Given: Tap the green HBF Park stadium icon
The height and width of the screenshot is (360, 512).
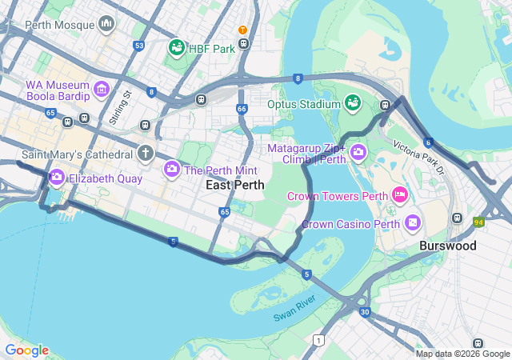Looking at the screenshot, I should coord(176,48).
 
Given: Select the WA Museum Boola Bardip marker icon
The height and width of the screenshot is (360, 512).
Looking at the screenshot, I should coord(102,88).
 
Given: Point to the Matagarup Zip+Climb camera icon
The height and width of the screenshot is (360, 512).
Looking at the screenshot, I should coord(358,151).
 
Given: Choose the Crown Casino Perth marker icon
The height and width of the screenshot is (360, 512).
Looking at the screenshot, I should coord(413,222).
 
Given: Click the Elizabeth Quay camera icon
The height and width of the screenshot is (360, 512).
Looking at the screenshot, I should coord(56,178).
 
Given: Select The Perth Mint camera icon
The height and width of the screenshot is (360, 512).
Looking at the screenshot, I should coord(171,170).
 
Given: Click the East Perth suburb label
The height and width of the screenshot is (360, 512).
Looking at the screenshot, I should coord(235,185).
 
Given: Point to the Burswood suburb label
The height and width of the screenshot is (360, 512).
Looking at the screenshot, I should coord(447,246).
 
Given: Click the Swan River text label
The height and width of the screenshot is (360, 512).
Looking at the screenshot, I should coord(295,307).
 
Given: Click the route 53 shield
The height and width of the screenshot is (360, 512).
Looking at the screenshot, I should coord(139,46).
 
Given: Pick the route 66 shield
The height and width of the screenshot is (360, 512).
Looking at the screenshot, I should coord(242,108).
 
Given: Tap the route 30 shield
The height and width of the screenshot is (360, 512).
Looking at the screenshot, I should coord(365,312).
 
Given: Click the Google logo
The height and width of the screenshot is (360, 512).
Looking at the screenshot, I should coord(26,350).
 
